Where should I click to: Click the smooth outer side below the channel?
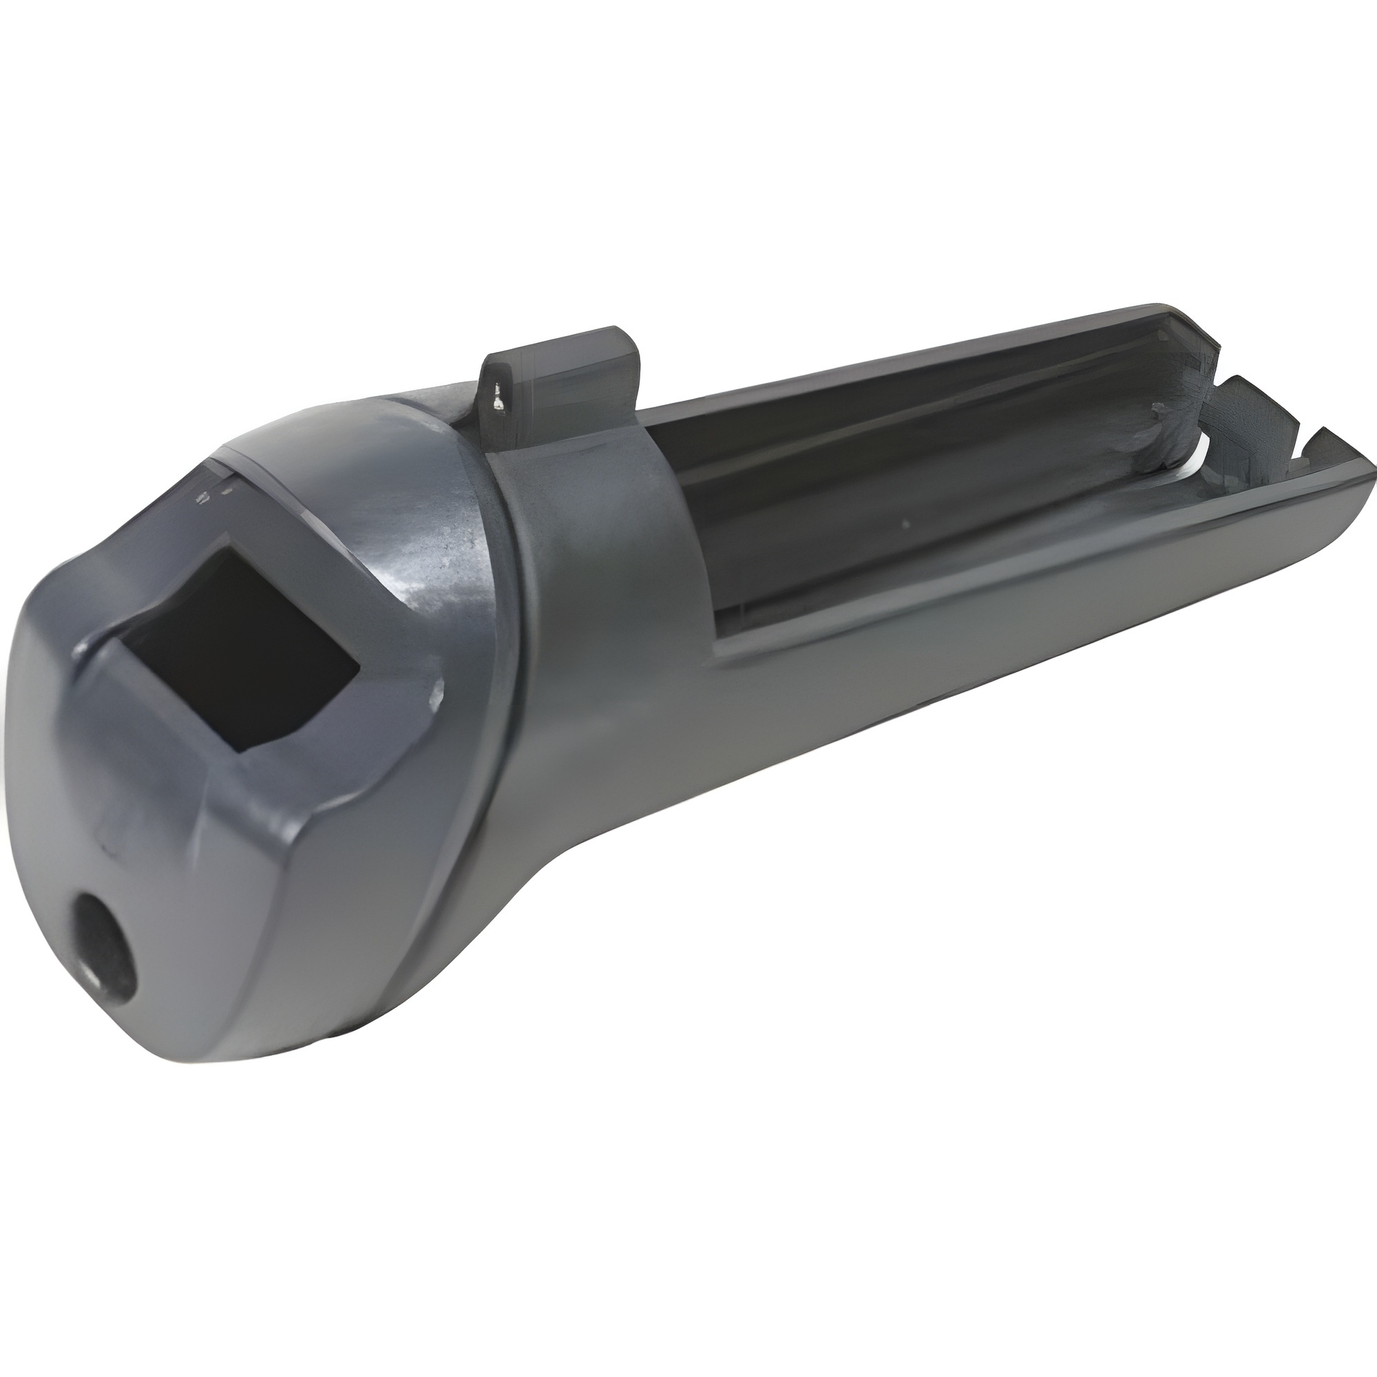855,713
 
